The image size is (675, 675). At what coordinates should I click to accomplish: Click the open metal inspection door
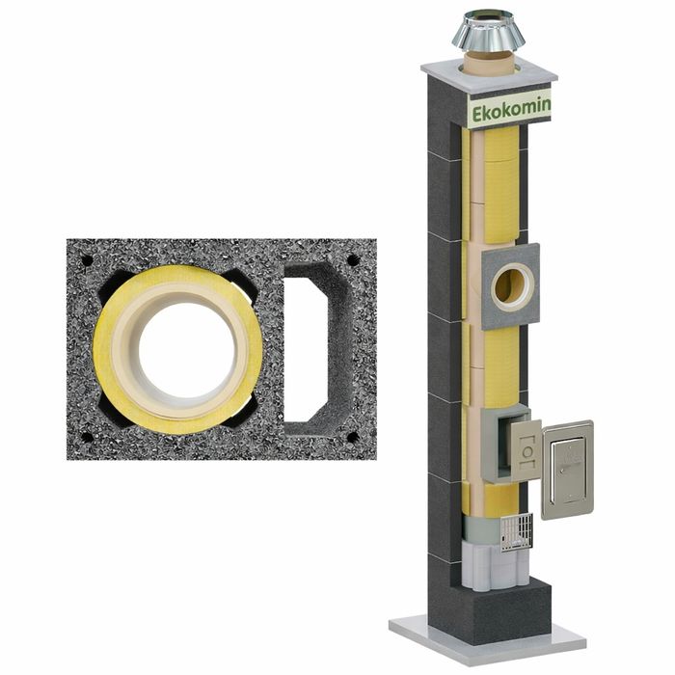(568, 470)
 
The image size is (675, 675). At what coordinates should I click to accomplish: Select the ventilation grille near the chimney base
(517, 532)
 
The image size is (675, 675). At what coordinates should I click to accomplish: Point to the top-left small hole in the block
(87, 260)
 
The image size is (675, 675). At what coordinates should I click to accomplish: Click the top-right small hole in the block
(354, 260)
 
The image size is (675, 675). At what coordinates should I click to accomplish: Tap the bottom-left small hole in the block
(87, 438)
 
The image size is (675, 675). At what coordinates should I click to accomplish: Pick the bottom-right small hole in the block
(353, 438)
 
